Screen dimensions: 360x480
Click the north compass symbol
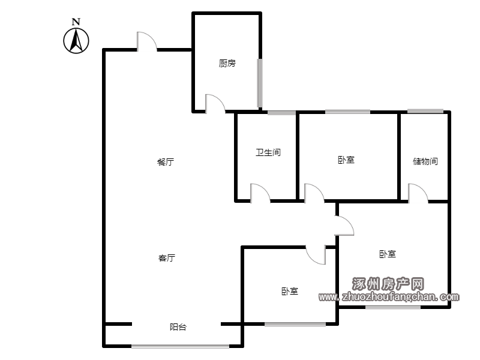tap(76, 41)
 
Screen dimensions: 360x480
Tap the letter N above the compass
tap(76, 22)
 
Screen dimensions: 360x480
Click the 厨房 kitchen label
tap(227, 63)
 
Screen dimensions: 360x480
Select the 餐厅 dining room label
tap(166, 162)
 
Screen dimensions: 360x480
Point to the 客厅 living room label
tap(167, 258)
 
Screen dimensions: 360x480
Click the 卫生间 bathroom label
tap(268, 152)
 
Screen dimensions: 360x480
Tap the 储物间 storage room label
tap(425, 161)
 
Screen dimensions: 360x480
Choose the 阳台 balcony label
tap(178, 327)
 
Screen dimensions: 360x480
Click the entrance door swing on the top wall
tap(147, 41)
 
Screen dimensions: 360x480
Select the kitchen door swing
tap(214, 103)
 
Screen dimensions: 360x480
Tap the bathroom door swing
tap(259, 192)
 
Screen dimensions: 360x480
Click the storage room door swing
tap(418, 193)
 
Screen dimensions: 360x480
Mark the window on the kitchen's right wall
tap(260, 82)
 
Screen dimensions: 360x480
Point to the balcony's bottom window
tap(180, 346)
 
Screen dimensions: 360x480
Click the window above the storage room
tap(425, 112)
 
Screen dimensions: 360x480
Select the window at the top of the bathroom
tap(281, 112)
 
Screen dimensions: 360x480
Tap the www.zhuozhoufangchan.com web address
tap(389, 296)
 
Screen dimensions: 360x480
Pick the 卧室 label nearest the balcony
tap(290, 291)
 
